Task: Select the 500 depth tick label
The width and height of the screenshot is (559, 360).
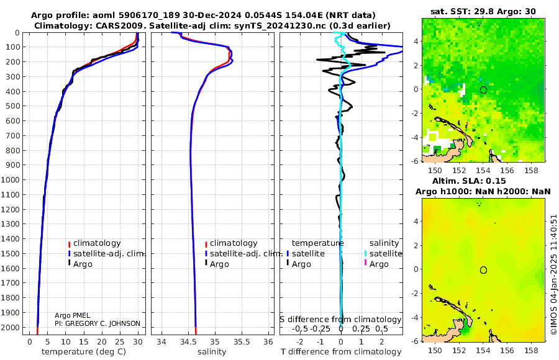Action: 14,106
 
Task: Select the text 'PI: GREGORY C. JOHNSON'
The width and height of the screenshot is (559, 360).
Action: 97,323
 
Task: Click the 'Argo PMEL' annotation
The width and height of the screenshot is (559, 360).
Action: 72,315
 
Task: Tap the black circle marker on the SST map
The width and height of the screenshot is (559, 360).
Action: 483,90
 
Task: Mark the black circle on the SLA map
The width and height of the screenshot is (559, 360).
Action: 483,269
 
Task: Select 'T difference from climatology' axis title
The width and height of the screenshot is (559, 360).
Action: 340,352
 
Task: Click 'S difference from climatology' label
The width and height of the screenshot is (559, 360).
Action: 340,319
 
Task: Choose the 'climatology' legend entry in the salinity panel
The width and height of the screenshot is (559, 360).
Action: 234,243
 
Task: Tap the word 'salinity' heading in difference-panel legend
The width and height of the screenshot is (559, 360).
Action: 384,243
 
